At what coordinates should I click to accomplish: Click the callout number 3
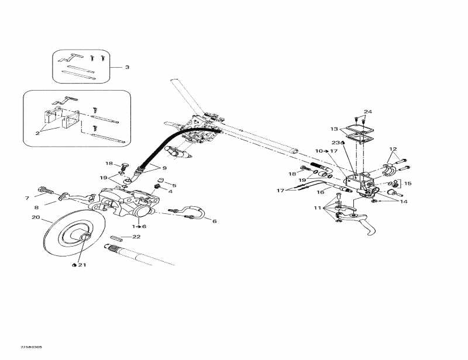click(x=127, y=67)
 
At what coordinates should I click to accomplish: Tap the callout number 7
click(x=27, y=198)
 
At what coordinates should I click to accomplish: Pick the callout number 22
click(x=137, y=237)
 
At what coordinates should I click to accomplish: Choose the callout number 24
click(x=367, y=112)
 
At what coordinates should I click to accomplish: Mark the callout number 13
click(x=334, y=129)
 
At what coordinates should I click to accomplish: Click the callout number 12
click(x=393, y=149)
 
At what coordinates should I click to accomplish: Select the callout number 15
click(x=408, y=184)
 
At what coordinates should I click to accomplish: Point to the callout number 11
click(x=317, y=207)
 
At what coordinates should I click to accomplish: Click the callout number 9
click(x=164, y=168)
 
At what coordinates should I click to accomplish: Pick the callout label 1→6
click(x=139, y=226)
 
